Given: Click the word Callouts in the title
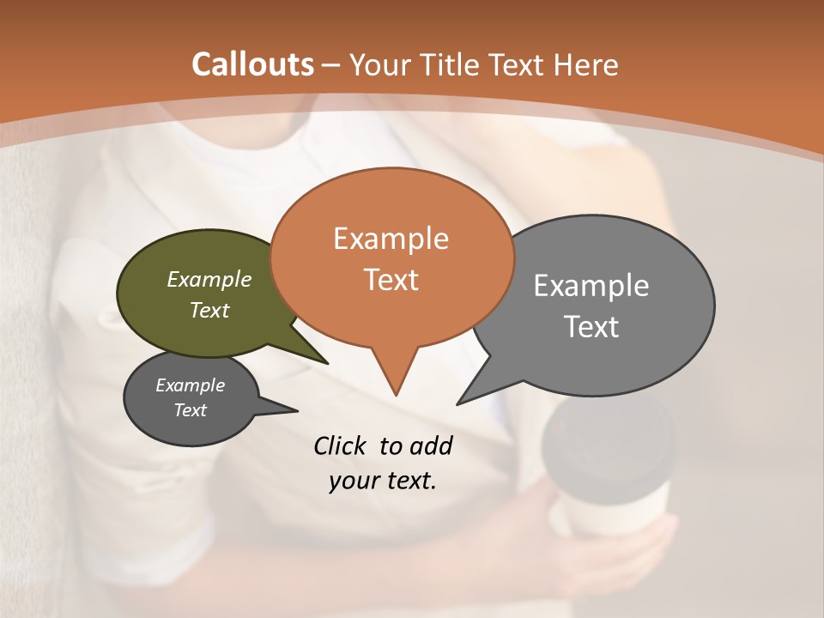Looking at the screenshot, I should pyautogui.click(x=252, y=64).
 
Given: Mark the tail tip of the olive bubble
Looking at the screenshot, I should pyautogui.click(x=326, y=362).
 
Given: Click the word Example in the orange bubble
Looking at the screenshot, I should pyautogui.click(x=391, y=239).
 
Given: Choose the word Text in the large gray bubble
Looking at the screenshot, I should pyautogui.click(x=591, y=327).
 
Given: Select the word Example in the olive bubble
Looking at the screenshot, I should pyautogui.click(x=209, y=279).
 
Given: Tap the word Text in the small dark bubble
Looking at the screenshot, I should pyautogui.click(x=191, y=410).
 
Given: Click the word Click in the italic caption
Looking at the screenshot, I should pyautogui.click(x=340, y=445).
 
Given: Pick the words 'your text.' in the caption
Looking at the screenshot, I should pyautogui.click(x=383, y=481).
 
